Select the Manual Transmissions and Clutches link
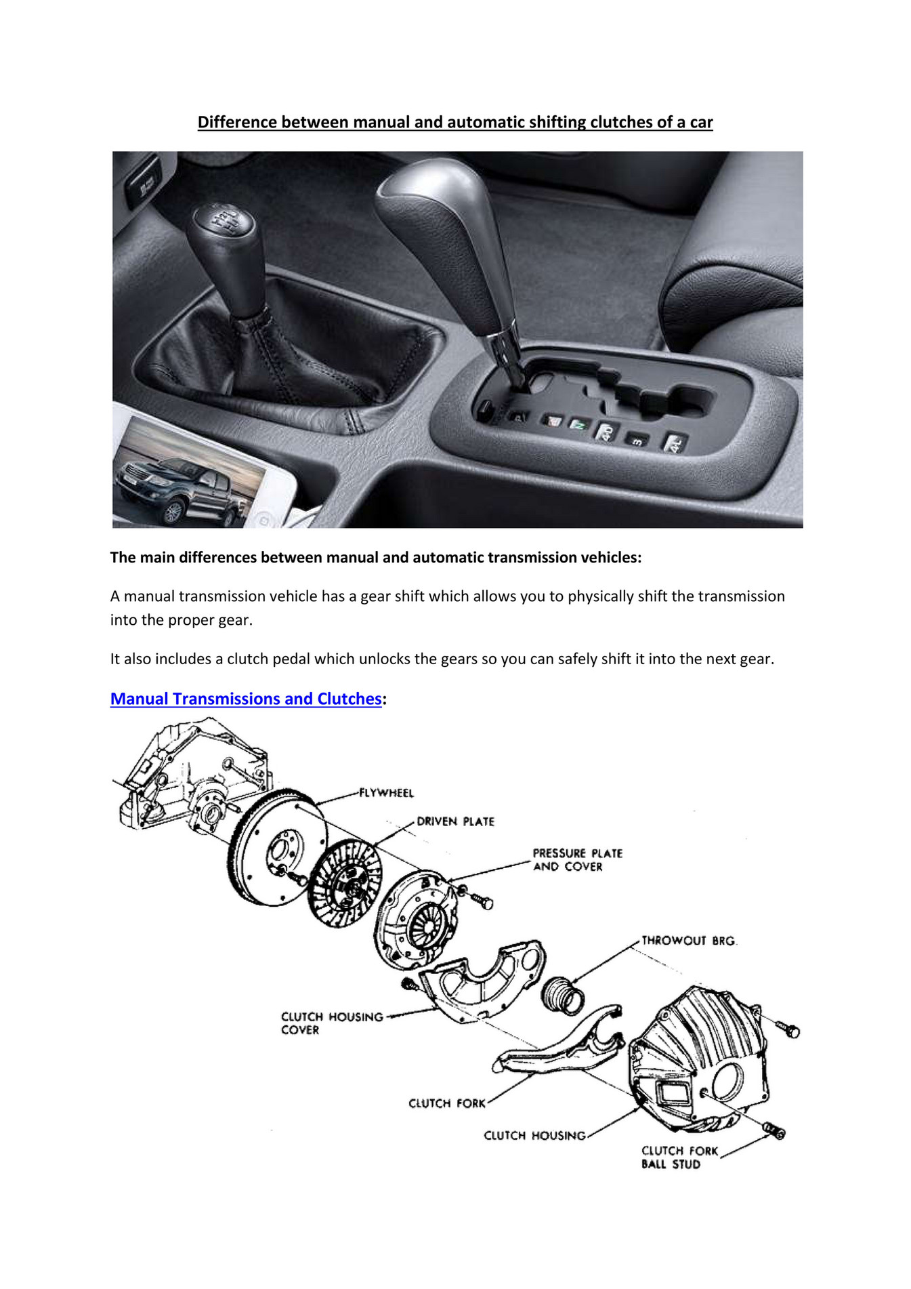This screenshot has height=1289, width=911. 246,699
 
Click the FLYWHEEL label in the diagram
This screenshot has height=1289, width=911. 386,792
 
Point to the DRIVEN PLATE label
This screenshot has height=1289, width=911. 455,821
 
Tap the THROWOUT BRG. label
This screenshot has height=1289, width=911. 688,941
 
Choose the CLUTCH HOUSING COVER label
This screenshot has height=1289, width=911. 331,1023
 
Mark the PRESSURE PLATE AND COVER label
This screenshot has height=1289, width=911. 576,860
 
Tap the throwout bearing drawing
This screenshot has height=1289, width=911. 563,996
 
